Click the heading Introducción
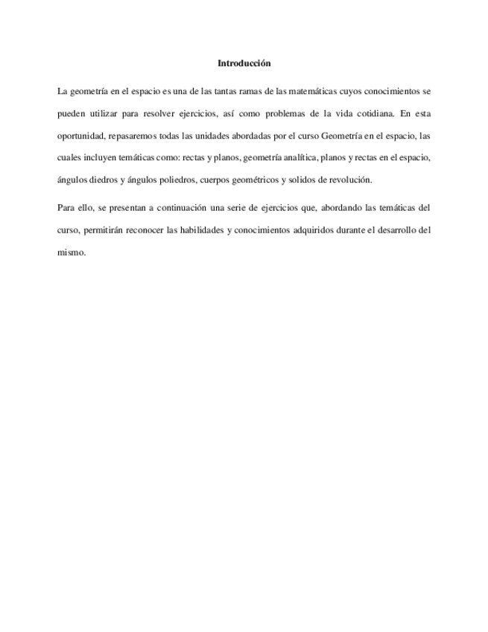click(x=244, y=63)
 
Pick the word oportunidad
click(x=80, y=136)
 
